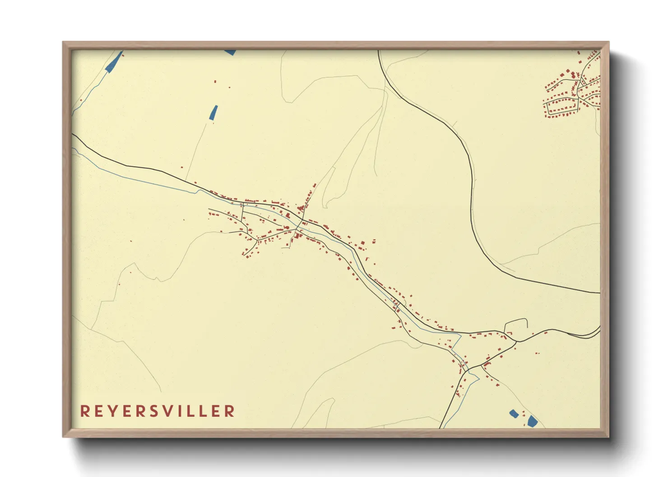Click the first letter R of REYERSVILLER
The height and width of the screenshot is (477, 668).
pyautogui.click(x=84, y=411)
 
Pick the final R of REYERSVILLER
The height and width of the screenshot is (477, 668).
pyautogui.click(x=230, y=411)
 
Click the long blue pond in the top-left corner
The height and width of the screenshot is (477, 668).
pyautogui.click(x=114, y=62)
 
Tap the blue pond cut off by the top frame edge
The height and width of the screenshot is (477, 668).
pyautogui.click(x=230, y=52)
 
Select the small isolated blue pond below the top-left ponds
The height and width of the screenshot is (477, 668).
pyautogui.click(x=213, y=112)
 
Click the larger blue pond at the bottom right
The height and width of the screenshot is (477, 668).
pyautogui.click(x=533, y=421)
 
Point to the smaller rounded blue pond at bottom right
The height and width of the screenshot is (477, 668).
pyautogui.click(x=514, y=413)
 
